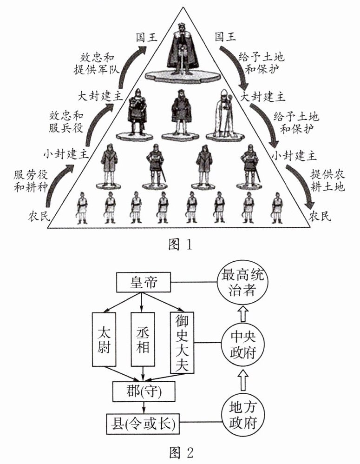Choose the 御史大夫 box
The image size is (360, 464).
[x=182, y=342]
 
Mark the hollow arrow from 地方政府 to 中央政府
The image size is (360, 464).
[x=242, y=378]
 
